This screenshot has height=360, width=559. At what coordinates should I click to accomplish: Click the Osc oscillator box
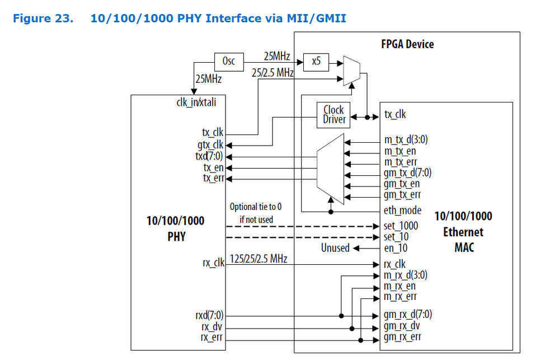[228, 62]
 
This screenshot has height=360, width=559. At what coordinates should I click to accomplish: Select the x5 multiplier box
[316, 62]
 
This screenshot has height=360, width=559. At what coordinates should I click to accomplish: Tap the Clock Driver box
[334, 114]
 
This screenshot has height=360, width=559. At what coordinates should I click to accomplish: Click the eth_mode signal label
[403, 211]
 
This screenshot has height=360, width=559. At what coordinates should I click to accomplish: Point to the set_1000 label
[401, 226]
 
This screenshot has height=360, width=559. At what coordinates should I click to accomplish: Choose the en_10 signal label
[396, 247]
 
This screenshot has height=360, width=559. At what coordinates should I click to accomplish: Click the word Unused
[335, 247]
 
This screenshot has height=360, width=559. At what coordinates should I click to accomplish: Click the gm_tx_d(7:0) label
[407, 173]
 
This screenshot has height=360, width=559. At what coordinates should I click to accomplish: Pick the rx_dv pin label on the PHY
[213, 327]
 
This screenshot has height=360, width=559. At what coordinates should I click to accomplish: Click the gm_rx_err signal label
[402, 336]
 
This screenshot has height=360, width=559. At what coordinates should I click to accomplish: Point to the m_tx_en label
[400, 151]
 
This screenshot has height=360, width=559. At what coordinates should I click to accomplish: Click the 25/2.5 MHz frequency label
[273, 73]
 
